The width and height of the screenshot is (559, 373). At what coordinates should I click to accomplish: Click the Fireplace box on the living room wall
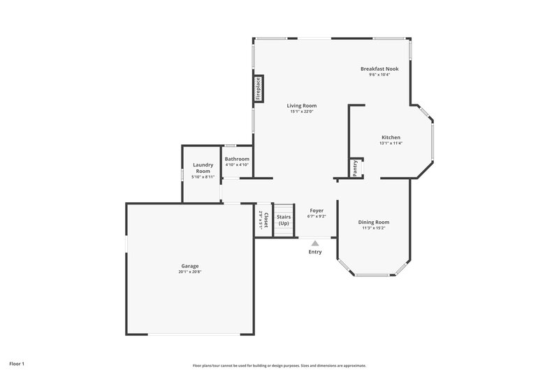[258, 90]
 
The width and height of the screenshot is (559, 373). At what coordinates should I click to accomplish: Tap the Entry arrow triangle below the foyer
[315, 244]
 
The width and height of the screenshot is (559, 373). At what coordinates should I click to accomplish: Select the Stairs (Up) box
[283, 220]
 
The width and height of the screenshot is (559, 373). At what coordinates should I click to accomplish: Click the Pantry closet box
[356, 168]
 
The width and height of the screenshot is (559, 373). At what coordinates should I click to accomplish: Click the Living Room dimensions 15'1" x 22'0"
[302, 111]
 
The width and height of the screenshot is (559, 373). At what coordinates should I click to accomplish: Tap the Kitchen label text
[391, 136]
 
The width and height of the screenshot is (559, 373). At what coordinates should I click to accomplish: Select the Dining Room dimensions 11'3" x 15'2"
[374, 227]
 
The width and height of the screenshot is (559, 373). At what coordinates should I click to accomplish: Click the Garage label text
[190, 265]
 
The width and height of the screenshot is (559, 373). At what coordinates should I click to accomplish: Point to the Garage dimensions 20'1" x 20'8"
[190, 272]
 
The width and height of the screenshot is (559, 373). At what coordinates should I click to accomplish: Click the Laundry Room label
[203, 168]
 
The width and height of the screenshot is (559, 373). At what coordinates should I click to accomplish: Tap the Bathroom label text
[237, 159]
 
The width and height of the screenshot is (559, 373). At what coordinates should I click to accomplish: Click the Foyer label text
[317, 210]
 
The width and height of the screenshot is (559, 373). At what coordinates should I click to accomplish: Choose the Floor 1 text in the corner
[17, 364]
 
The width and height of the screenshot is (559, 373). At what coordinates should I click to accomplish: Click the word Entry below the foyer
[315, 252]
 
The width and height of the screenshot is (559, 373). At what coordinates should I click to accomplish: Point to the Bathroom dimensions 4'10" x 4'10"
[237, 165]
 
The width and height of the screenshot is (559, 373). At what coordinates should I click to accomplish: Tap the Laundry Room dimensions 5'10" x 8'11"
[203, 177]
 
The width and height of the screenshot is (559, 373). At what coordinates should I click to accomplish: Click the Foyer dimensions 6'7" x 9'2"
[317, 216]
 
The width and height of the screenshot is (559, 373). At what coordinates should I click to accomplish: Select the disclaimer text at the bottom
[279, 365]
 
